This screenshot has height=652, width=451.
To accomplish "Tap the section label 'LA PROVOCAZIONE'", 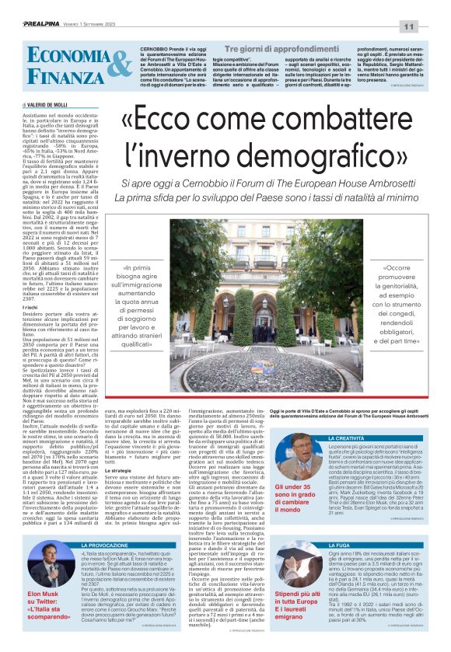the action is [x=103, y=546].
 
